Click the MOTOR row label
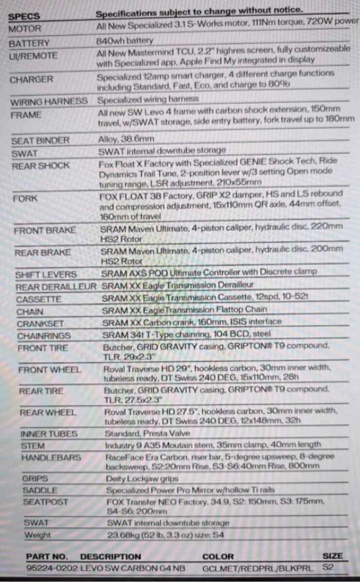tap(26, 29)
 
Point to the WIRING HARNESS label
tap(49, 101)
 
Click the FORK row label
tap(26, 199)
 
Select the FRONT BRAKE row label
tap(45, 230)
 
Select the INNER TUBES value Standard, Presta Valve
tap(147, 434)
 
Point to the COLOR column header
tap(218, 556)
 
